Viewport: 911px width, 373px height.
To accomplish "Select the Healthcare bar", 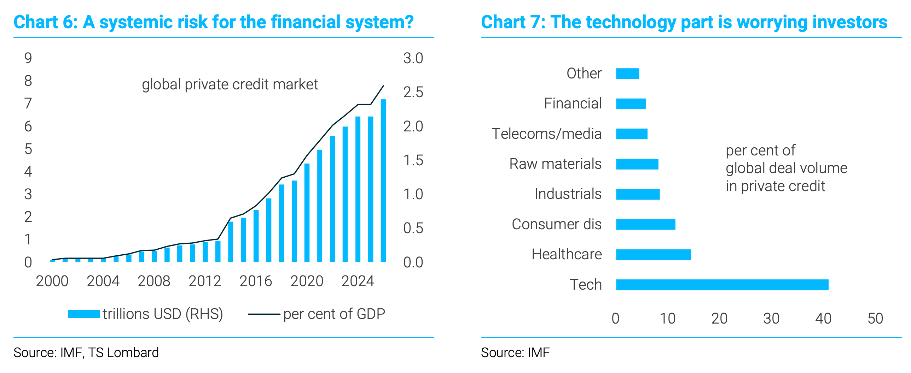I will click(653, 255).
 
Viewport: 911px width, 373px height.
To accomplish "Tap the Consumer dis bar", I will click(645, 224).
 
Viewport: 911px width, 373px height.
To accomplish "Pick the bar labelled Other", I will click(627, 73).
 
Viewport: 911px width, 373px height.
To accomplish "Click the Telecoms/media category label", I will click(546, 134).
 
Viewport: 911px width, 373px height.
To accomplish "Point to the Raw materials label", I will click(555, 164).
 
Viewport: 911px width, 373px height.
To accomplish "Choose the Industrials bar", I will click(638, 194).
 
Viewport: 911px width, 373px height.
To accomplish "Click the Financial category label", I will click(573, 103).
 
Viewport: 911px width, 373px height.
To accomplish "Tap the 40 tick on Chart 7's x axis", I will click(823, 319).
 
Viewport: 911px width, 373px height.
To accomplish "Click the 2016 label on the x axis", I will click(256, 281).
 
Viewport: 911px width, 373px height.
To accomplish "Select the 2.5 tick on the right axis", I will click(413, 92).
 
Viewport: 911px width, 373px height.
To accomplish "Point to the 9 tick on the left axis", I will click(28, 58).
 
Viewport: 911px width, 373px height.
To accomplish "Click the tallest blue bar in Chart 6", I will click(383, 180).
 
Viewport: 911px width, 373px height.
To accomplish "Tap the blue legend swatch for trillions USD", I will click(83, 314).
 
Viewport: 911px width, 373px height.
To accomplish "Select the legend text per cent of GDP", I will click(334, 314).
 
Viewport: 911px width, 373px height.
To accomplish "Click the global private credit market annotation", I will click(230, 85).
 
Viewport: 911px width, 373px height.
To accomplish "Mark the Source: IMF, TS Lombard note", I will click(86, 353).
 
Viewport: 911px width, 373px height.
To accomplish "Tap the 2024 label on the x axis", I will click(358, 281).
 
